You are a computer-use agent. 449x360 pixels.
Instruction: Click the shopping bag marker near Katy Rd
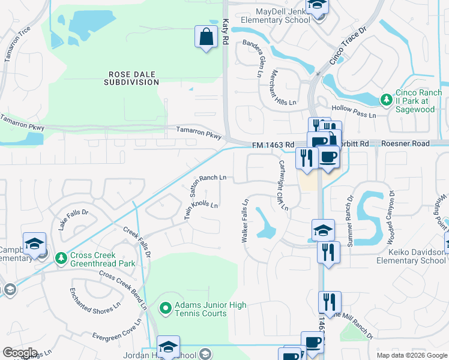coord(206,37)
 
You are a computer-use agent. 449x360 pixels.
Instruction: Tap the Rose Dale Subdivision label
coord(133,78)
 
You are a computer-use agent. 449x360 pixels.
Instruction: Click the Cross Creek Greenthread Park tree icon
coord(61,258)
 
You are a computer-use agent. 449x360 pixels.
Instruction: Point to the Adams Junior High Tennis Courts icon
coord(166,308)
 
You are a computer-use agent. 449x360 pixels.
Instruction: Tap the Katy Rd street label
coord(226,29)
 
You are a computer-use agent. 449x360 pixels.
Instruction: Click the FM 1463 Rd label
coord(273,145)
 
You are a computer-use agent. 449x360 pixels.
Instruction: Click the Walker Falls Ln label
coord(245,220)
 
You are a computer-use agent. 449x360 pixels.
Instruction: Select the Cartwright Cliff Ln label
coord(282,184)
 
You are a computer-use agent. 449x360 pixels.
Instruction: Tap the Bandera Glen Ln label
coord(252,58)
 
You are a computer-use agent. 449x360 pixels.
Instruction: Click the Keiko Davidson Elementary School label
coord(411,256)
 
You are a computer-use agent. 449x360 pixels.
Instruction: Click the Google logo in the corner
coord(20,353)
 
